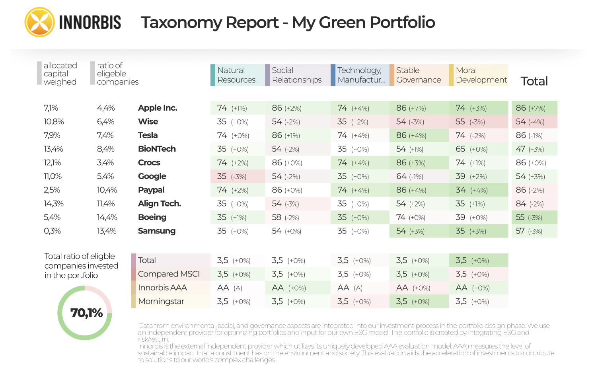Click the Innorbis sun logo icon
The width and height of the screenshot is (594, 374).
tap(39, 22)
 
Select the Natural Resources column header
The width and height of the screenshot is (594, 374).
tap(236, 75)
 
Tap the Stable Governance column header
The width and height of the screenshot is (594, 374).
tap(418, 75)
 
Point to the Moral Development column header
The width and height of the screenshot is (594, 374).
tap(481, 75)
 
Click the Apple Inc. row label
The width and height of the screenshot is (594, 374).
tap(158, 108)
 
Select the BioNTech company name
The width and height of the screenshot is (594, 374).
tap(157, 149)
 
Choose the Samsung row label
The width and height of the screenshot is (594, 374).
tap(156, 231)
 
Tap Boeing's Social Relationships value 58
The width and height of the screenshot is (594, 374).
tap(285, 217)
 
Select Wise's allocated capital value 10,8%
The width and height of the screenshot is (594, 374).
tap(54, 121)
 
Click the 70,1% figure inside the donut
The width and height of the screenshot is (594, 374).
tap(86, 313)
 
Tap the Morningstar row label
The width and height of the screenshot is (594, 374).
tap(161, 301)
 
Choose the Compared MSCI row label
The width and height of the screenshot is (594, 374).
tap(169, 274)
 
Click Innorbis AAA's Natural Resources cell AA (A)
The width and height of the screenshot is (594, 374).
tap(230, 288)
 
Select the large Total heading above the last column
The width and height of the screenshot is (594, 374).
tap(534, 81)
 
